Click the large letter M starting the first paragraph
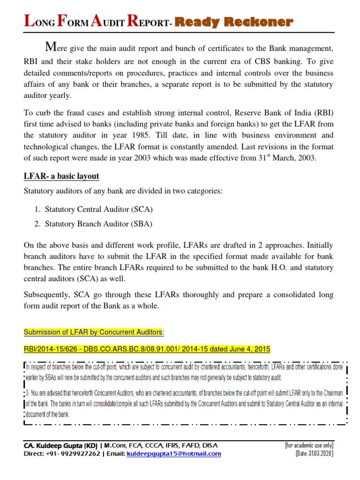point(51,47)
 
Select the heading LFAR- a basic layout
point(61,176)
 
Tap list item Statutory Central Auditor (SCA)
point(98,209)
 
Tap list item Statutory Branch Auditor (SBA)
point(98,224)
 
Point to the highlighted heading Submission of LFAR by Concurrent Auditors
point(94,332)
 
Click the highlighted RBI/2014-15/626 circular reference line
point(147,349)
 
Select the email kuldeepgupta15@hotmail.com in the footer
point(174,454)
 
